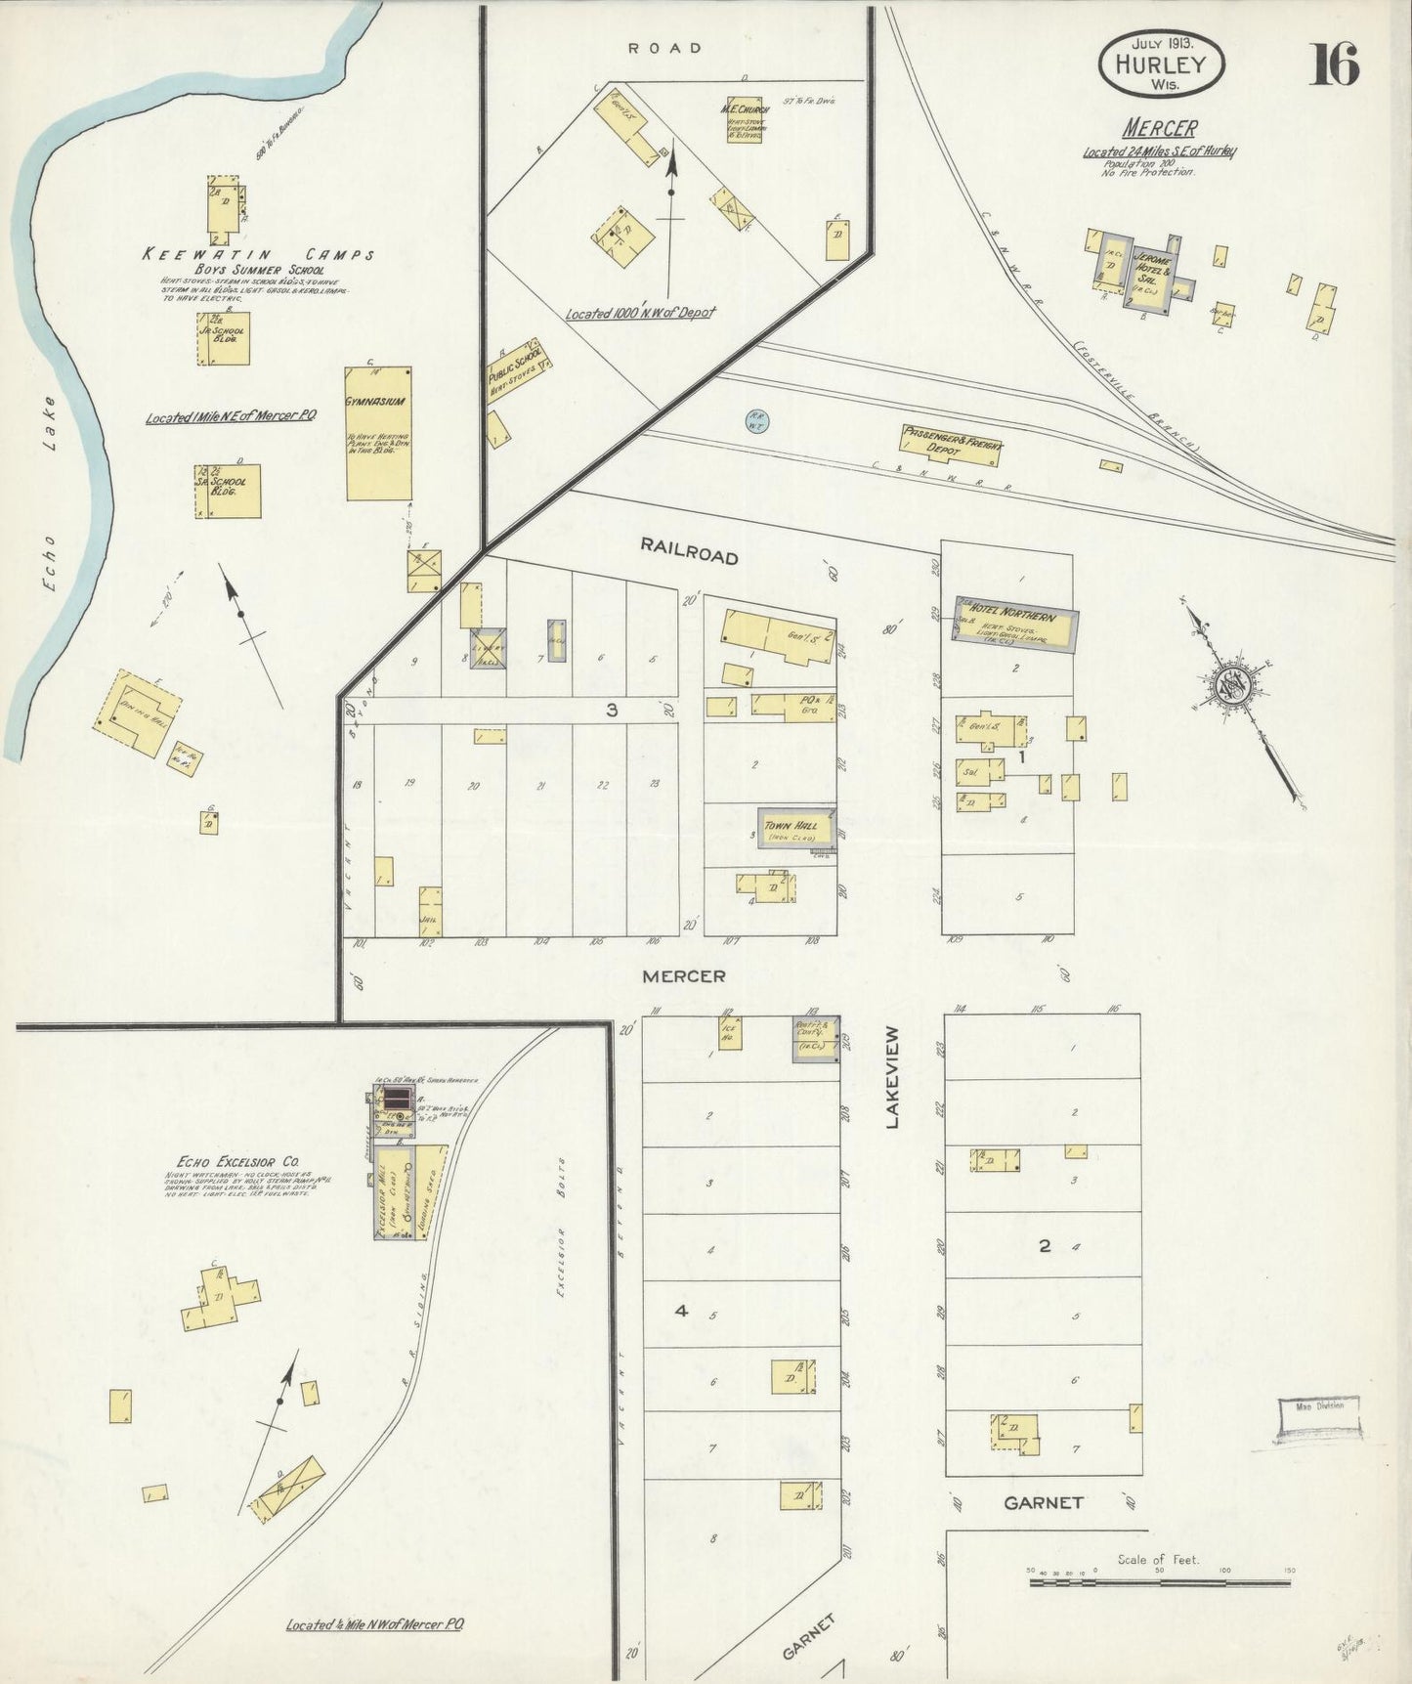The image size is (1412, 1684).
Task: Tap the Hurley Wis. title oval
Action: tap(1162, 65)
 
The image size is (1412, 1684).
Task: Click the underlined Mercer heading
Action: tap(1159, 128)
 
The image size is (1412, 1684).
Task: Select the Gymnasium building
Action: tap(378, 435)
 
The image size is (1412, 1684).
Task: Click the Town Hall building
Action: tap(795, 827)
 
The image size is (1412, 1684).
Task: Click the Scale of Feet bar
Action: tap(1159, 1579)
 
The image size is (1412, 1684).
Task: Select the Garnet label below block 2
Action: tap(1043, 1502)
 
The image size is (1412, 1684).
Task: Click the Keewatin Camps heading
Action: tap(258, 255)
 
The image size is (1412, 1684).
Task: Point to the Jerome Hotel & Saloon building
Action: tap(1151, 274)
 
